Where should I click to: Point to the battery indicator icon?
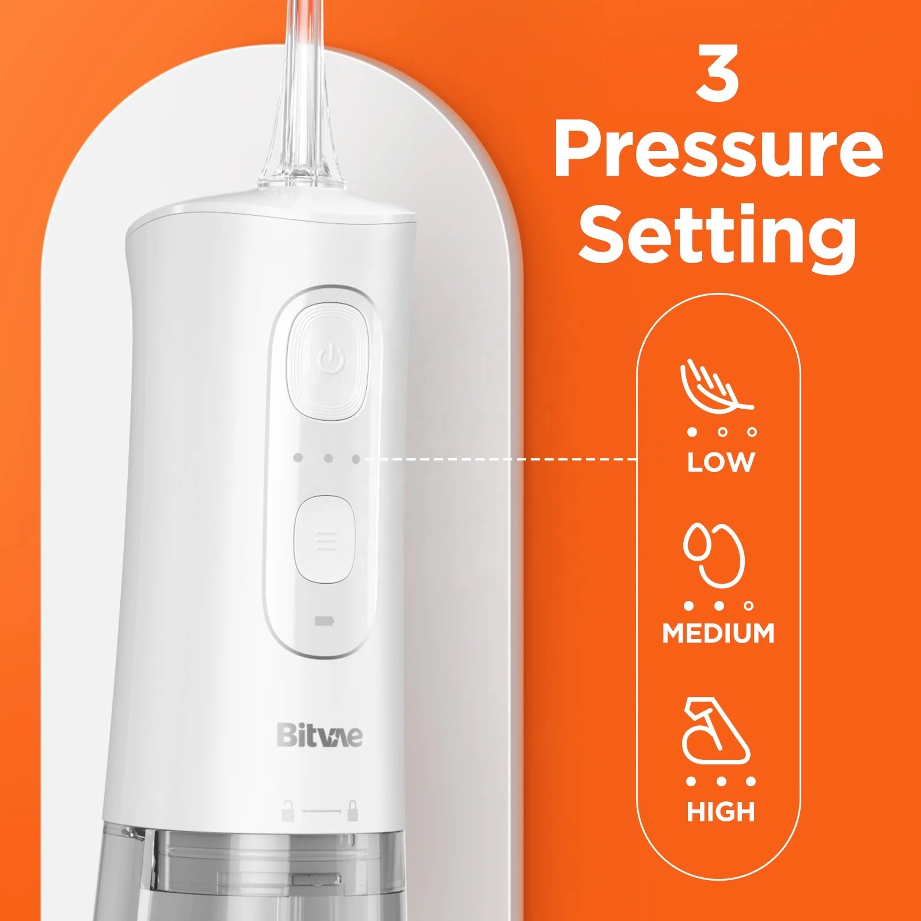point(324,622)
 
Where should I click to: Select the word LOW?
point(721,462)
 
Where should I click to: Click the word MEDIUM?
point(718,633)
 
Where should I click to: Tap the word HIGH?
point(720,812)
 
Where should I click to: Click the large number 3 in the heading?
point(718,74)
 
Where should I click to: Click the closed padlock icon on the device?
point(352,810)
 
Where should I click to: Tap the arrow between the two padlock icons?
point(319,811)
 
